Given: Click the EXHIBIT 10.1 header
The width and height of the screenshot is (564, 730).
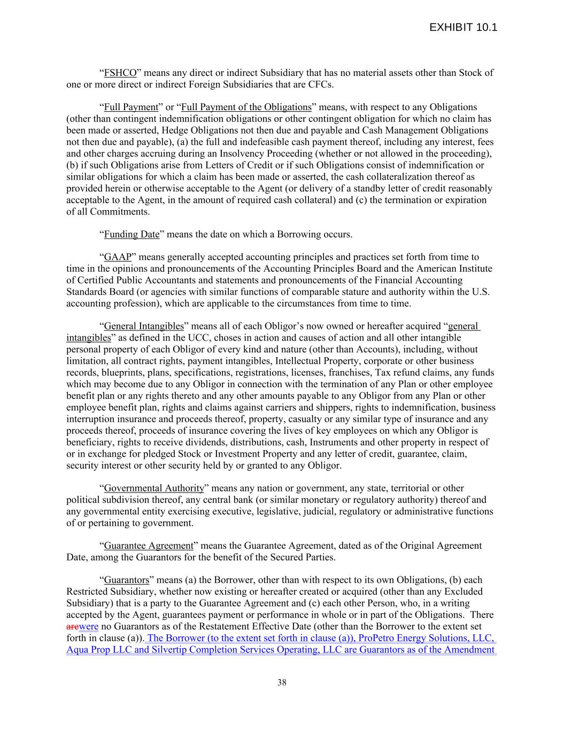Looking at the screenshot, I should (x=463, y=27).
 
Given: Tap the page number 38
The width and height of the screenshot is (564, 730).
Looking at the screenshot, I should (x=282, y=682).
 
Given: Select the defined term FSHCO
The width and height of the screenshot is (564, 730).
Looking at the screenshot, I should (x=120, y=73).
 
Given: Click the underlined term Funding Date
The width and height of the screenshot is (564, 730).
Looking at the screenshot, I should (x=132, y=234).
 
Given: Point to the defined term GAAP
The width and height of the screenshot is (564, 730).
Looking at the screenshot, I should (x=118, y=257).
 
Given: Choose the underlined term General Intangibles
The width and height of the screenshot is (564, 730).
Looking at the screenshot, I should (x=143, y=326).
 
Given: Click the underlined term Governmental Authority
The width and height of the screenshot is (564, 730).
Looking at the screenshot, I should (x=154, y=488).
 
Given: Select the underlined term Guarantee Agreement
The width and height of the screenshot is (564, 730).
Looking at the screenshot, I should (x=148, y=546).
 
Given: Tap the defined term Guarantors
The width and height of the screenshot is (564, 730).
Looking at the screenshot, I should (x=126, y=580).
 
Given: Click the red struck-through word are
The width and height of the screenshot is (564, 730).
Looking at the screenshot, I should (x=72, y=627).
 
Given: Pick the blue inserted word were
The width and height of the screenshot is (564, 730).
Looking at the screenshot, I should (x=88, y=627).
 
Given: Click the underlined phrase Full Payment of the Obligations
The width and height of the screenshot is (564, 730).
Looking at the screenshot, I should (x=246, y=107).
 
